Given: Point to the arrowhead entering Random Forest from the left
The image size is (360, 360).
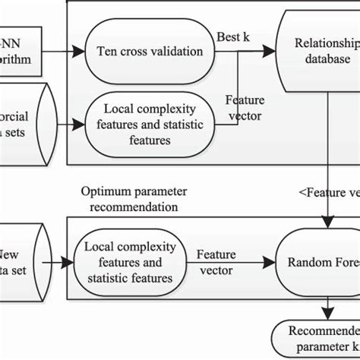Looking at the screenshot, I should click(273, 263).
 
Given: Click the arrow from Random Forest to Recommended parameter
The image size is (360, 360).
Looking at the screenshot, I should click(326, 308).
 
